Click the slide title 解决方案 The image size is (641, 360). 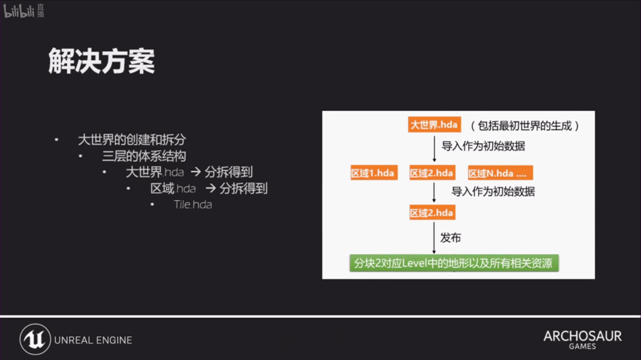point(102,61)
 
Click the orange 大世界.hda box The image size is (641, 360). point(435,124)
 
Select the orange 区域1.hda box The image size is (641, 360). point(374,173)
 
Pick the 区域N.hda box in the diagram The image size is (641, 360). point(500,173)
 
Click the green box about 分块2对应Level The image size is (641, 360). point(454,263)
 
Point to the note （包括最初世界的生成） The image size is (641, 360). point(525,125)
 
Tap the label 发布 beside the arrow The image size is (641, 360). point(451,238)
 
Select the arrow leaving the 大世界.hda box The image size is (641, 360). point(435,149)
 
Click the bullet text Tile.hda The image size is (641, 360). point(193,205)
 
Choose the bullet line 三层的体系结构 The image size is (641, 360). point(144,156)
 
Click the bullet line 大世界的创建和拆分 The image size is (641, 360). point(132,140)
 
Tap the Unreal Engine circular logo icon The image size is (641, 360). point(35,339)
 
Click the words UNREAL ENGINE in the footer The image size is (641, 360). point(93,340)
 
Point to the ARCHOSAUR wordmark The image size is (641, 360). point(583,336)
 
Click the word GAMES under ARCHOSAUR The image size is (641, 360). point(582,346)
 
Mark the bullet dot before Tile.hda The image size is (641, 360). point(152,204)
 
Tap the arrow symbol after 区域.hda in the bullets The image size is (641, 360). point(210,188)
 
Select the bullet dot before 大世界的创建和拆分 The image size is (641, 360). point(56,140)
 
